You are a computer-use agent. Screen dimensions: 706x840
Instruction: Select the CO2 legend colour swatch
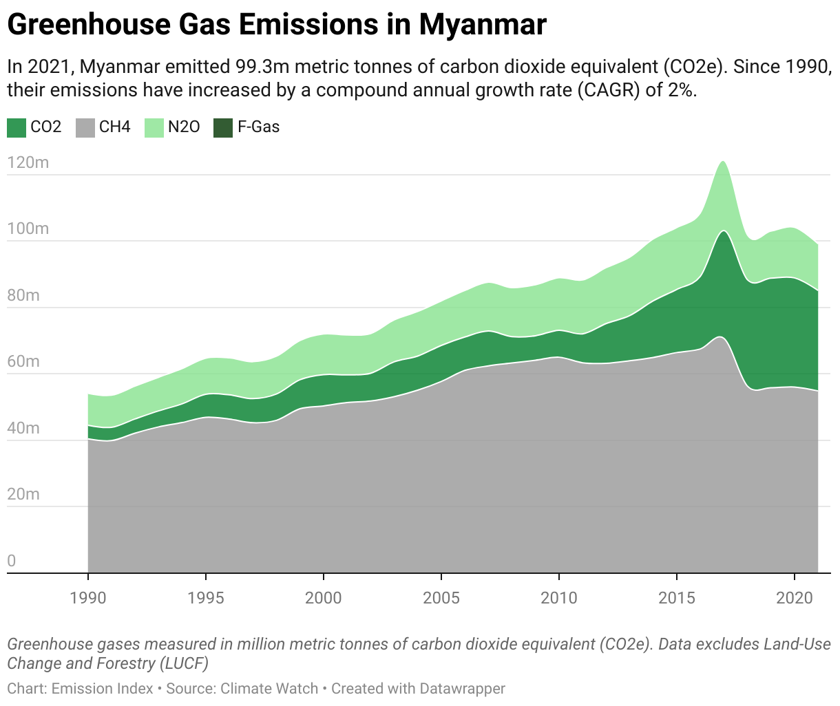pos(16,127)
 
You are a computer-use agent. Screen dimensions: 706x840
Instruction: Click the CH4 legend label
pos(114,127)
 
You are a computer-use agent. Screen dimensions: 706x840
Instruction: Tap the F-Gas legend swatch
pos(223,127)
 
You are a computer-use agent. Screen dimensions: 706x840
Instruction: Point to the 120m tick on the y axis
pos(28,163)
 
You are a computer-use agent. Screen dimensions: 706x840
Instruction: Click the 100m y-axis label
pos(28,229)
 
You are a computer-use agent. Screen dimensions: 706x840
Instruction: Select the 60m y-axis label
pos(24,362)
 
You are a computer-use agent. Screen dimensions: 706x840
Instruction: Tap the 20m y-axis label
pos(24,495)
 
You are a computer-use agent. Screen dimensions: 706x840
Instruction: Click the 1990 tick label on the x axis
pos(88,597)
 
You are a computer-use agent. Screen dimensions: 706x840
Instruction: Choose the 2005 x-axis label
pos(441,597)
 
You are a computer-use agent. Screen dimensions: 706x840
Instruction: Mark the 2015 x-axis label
pos(677,597)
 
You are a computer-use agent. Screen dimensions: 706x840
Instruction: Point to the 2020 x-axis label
pos(795,597)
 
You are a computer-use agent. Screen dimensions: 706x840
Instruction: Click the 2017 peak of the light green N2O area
pos(722,162)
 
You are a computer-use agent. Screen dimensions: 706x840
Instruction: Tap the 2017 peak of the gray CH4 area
pos(720,338)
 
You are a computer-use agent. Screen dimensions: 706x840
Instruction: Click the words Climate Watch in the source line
pos(269,688)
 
